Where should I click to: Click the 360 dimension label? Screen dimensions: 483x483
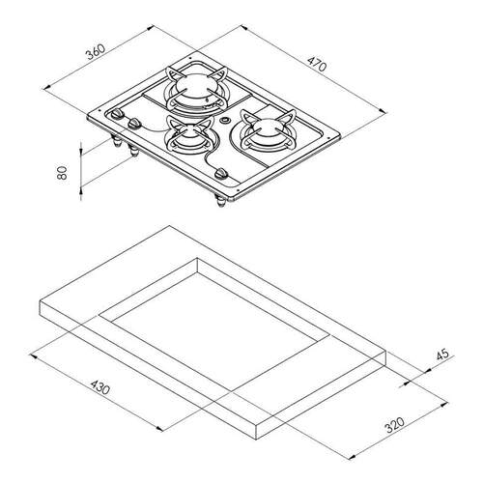tap(96, 52)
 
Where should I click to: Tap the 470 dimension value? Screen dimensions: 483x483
tap(317, 64)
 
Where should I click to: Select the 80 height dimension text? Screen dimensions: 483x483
tap(62, 173)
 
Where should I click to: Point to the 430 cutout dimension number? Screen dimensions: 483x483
tap(100, 387)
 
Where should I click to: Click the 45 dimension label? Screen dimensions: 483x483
tap(442, 355)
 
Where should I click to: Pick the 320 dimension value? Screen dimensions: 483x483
tap(394, 425)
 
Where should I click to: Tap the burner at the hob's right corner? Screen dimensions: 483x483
tap(268, 131)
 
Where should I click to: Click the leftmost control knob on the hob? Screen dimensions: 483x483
tap(117, 114)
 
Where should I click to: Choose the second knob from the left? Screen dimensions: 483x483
tap(134, 124)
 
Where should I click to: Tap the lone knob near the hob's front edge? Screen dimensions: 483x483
tap(221, 174)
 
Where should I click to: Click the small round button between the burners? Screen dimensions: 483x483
tap(224, 121)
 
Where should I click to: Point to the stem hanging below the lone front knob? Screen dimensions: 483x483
tap(221, 201)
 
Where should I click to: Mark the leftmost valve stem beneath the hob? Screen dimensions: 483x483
tap(116, 141)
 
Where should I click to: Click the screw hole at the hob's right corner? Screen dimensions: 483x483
tap(328, 137)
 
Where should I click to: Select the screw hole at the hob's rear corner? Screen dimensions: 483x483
tap(190, 58)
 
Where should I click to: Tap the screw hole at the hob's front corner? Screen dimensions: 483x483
tap(238, 190)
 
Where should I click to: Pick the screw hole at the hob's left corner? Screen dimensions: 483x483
tap(99, 110)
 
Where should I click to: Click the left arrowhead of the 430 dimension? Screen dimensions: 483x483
tap(32, 355)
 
